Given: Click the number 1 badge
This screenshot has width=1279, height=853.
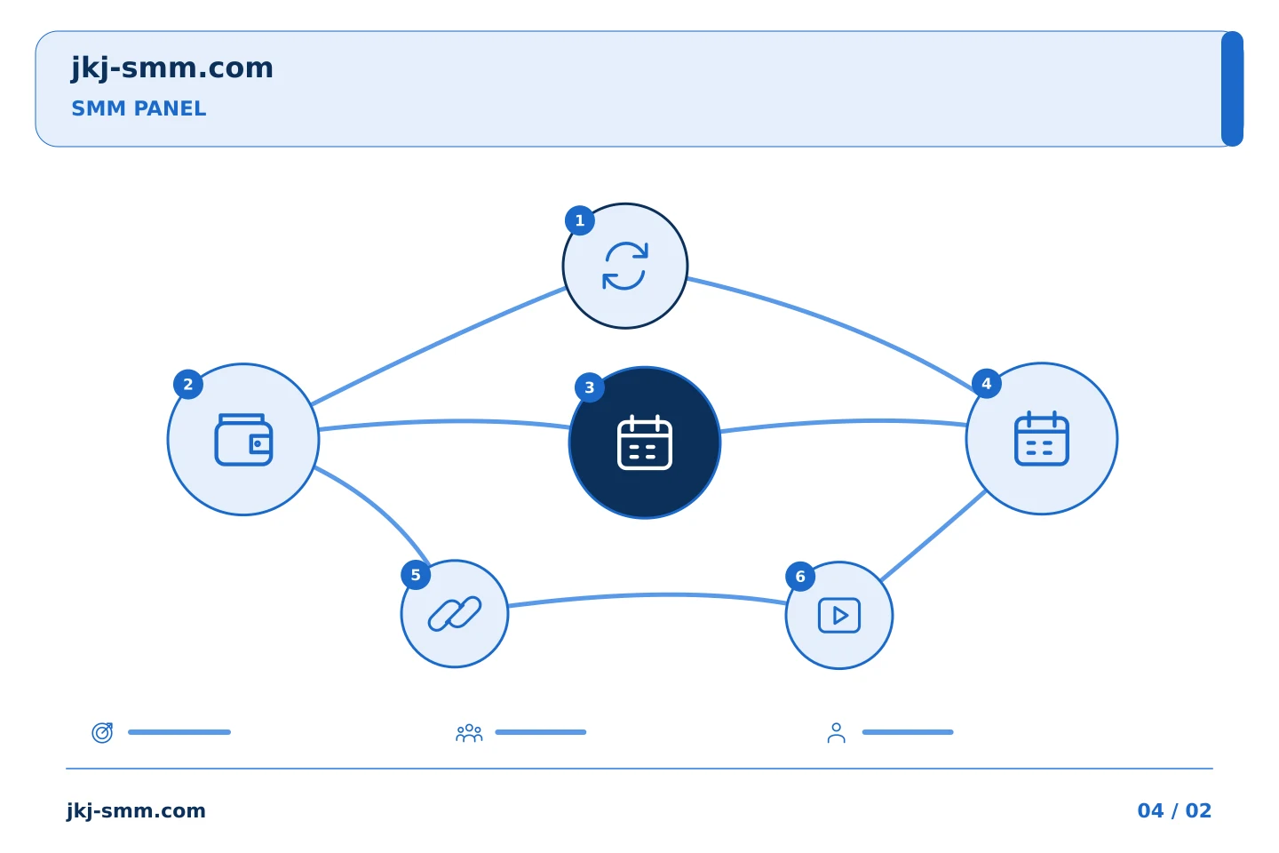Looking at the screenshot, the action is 579,220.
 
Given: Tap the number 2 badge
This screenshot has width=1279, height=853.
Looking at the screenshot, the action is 188,384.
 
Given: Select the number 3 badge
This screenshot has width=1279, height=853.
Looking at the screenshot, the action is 589,387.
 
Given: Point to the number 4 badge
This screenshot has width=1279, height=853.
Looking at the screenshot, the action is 986,383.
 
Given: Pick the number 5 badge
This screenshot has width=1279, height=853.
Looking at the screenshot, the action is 416,575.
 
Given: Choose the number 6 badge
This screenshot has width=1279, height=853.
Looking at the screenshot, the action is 800,577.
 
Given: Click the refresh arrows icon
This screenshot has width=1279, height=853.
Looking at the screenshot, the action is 625,266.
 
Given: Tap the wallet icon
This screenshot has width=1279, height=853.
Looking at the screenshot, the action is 243,439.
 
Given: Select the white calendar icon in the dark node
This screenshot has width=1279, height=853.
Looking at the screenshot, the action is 645,442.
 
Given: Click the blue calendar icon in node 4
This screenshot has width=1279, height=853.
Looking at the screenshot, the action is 1042,438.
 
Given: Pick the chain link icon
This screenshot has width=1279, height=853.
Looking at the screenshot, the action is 455,614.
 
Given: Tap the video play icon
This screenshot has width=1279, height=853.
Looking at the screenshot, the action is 838,616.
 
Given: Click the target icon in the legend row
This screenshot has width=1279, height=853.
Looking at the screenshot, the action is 102,732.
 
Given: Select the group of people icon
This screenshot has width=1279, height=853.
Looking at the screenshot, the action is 469,732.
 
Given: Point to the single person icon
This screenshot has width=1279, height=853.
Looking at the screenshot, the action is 836,732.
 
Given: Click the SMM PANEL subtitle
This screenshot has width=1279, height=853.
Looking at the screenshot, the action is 139,108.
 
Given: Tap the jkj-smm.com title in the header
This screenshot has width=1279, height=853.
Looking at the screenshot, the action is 172,68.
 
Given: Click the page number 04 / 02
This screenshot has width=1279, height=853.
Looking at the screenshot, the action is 1174,810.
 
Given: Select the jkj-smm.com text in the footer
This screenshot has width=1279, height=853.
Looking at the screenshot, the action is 136,811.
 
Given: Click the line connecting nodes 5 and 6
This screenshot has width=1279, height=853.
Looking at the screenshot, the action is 647,595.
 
